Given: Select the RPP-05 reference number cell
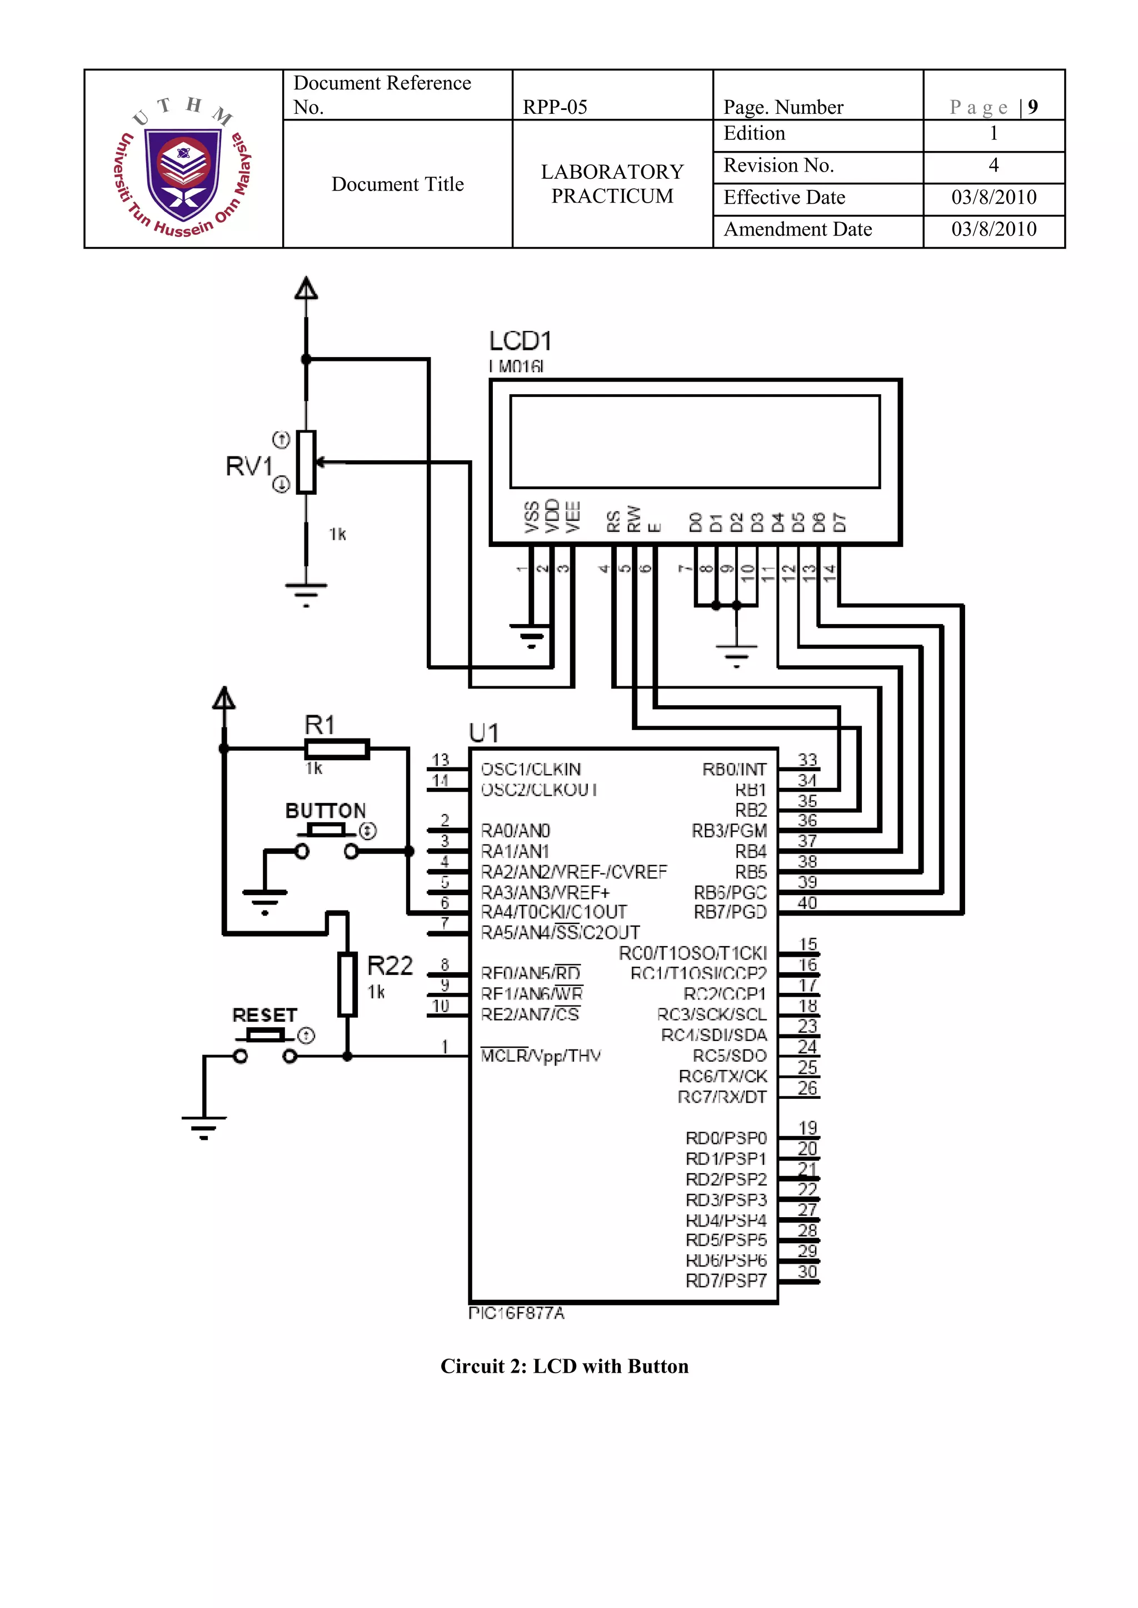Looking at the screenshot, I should (555, 107).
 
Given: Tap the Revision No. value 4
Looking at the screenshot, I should (993, 165).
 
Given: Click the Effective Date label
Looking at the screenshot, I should (784, 198).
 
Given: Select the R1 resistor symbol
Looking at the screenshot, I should (337, 750).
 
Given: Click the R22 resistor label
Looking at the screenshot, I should (390, 966).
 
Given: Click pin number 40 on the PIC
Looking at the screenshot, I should (807, 903).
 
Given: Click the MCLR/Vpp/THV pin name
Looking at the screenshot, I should (540, 1056).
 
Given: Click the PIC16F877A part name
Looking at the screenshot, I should (516, 1313).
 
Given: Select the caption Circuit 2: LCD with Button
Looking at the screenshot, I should (564, 1366).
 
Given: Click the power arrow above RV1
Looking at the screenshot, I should (306, 289).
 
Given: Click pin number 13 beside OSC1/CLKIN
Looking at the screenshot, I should (440, 760).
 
